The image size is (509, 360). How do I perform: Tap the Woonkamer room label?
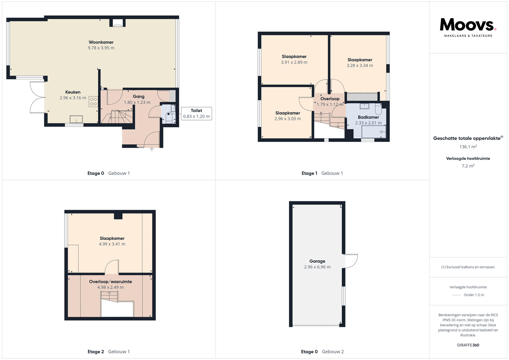point(101,42)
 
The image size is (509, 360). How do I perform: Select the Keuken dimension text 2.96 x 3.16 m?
point(73,98)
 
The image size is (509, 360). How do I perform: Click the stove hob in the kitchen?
point(93,101)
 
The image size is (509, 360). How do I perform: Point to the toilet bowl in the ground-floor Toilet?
point(169,117)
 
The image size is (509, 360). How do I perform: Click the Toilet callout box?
point(196,113)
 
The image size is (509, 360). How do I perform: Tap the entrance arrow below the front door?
point(152,150)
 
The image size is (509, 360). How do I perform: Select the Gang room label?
point(138,96)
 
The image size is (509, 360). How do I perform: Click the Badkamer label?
point(368,117)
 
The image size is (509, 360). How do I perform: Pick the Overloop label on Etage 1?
point(330,99)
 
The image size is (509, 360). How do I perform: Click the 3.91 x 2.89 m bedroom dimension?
point(294,62)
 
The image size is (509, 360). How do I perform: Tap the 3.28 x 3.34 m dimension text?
point(360,65)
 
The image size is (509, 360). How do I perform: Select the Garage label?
point(317,261)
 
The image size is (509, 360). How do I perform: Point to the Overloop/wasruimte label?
point(110,282)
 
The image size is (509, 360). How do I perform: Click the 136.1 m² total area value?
point(468,147)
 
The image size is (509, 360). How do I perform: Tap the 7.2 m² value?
point(468,166)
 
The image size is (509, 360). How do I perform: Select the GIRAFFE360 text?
point(468,345)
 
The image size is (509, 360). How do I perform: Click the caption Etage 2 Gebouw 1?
point(109,352)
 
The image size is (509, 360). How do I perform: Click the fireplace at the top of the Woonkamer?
point(117,23)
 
